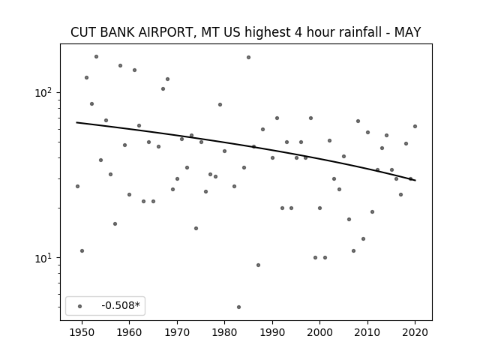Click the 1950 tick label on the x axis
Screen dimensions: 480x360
coord(82,332)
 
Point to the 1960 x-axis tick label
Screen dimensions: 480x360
coord(129,332)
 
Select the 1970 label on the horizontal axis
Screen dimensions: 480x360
coord(177,332)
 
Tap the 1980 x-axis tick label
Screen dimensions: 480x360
coord(224,332)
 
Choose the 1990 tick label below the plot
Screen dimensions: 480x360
coord(272,332)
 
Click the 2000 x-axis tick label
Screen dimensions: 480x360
coord(319,332)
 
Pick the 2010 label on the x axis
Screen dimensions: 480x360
coord(367,332)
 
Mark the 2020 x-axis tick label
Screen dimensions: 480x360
coord(415,332)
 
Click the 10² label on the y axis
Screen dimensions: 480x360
coord(45,92)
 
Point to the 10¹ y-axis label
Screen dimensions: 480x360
coord(45,258)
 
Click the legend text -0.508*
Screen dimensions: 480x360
coord(121,305)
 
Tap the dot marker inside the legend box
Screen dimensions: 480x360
coord(80,306)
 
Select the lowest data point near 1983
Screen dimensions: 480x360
coord(238,307)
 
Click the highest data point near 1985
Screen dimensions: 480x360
coord(248,57)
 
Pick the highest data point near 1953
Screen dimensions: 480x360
coord(96,57)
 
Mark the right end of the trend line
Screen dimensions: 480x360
coord(415,180)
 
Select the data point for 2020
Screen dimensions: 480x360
coord(415,126)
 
